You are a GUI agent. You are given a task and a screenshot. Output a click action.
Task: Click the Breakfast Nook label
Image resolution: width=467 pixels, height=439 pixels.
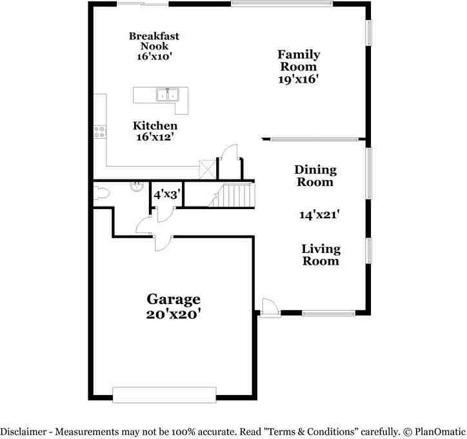(x=154, y=41)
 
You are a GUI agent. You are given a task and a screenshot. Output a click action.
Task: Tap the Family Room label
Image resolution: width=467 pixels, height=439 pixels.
(x=299, y=61)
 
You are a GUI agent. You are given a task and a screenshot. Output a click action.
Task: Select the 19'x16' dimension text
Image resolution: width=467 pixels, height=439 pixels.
(x=299, y=79)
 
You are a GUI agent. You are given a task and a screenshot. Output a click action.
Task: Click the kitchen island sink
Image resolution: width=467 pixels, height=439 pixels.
(x=167, y=94)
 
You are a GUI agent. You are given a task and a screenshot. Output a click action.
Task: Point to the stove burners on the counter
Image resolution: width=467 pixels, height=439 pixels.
(x=100, y=132)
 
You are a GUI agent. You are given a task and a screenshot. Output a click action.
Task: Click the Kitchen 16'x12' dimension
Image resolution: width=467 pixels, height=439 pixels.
(x=155, y=137)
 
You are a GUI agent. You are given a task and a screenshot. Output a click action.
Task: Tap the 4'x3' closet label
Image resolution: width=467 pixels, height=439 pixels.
(x=167, y=195)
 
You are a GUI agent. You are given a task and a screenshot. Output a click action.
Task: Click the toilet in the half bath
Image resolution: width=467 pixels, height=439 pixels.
(x=101, y=194)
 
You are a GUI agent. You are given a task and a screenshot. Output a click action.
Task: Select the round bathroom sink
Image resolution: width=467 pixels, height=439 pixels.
(x=137, y=187)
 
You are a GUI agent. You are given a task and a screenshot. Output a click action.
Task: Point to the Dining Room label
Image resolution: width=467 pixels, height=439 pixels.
(x=315, y=176)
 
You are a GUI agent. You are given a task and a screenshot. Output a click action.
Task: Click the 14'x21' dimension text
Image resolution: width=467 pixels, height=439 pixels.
(x=319, y=214)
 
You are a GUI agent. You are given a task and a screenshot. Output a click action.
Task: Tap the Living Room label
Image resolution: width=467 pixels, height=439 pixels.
(x=321, y=255)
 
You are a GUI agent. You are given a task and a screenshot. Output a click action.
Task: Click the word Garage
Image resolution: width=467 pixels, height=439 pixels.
(x=174, y=300)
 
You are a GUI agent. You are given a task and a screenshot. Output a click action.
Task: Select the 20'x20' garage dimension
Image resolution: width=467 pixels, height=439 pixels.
(x=174, y=314)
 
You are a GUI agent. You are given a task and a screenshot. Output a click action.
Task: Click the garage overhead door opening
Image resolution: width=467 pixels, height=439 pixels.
(x=164, y=395)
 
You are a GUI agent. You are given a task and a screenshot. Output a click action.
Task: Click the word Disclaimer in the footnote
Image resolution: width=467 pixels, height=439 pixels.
(x=23, y=431)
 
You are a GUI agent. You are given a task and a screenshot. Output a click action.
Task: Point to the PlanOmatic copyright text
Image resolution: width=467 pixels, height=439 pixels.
(x=434, y=431)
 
